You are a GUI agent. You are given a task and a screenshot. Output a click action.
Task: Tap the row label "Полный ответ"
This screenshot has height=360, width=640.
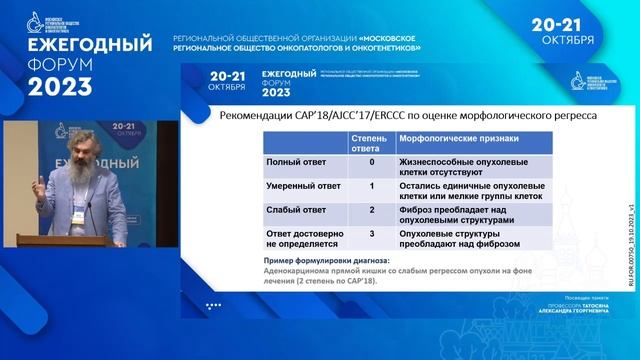[x=293, y=161]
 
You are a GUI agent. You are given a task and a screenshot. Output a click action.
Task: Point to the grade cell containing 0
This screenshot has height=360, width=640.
[x=371, y=161]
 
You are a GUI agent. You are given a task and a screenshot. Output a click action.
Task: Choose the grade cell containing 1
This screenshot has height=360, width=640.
[x=371, y=186]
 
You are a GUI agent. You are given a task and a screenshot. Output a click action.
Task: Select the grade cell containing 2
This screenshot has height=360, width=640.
[x=371, y=210]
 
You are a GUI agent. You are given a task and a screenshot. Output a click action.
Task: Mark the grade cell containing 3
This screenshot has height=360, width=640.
[x=371, y=234]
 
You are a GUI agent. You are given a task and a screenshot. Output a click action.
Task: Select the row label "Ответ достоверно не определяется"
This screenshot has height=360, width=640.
[x=300, y=240]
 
